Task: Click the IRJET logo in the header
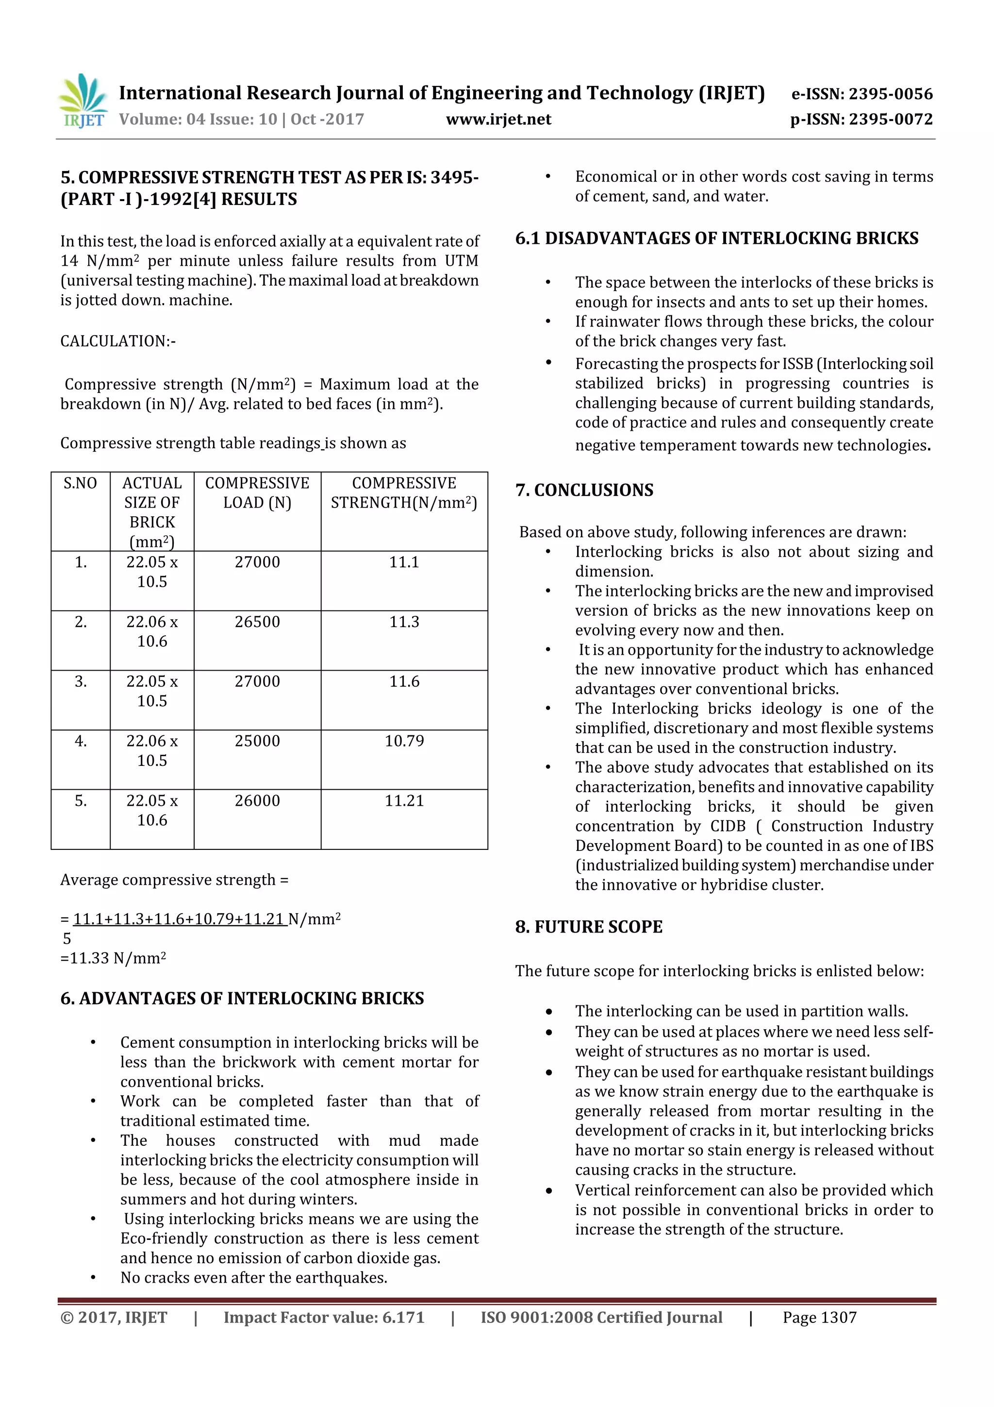(83, 101)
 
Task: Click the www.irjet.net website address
(498, 119)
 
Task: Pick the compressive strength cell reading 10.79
(404, 741)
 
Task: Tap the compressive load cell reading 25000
(257, 741)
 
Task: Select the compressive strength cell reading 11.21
(404, 800)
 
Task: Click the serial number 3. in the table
(80, 681)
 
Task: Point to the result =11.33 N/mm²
(113, 958)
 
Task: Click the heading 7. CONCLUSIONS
(584, 490)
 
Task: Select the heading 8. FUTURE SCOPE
(589, 927)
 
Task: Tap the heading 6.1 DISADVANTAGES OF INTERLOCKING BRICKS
(716, 238)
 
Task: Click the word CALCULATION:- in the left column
(117, 341)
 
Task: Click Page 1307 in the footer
(819, 1318)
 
